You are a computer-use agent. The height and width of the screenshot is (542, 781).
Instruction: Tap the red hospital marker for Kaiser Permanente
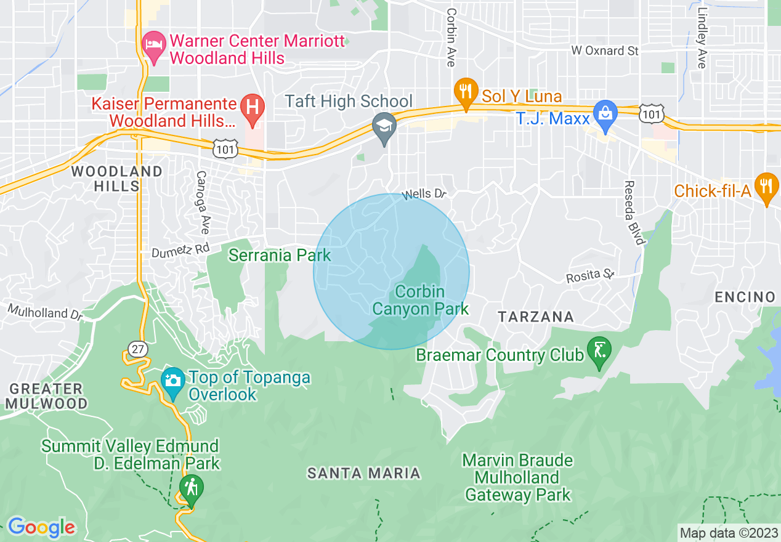(x=252, y=105)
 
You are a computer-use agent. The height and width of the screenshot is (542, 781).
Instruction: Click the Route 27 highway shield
(x=138, y=349)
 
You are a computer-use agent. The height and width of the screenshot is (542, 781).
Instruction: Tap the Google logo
(x=41, y=527)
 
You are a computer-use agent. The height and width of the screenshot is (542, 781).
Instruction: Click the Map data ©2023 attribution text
(x=729, y=532)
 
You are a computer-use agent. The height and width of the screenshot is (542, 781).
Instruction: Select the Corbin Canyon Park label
(x=421, y=300)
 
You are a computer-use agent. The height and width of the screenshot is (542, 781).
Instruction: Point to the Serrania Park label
(x=280, y=255)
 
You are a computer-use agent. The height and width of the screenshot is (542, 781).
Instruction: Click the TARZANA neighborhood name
(x=536, y=317)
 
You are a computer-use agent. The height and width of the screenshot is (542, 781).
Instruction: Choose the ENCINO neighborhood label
(x=745, y=297)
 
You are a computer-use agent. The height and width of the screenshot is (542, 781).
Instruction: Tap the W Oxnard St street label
(x=604, y=51)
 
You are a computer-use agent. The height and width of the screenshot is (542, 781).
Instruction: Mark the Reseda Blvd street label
(x=633, y=212)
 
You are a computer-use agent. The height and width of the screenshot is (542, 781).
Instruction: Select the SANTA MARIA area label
(x=363, y=473)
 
